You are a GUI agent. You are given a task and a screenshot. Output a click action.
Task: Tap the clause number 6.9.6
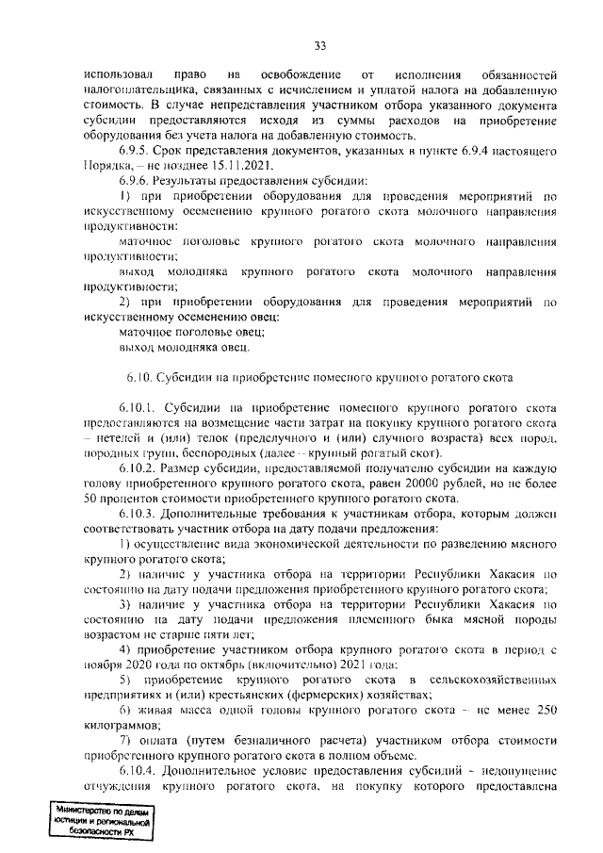(x=137, y=180)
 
